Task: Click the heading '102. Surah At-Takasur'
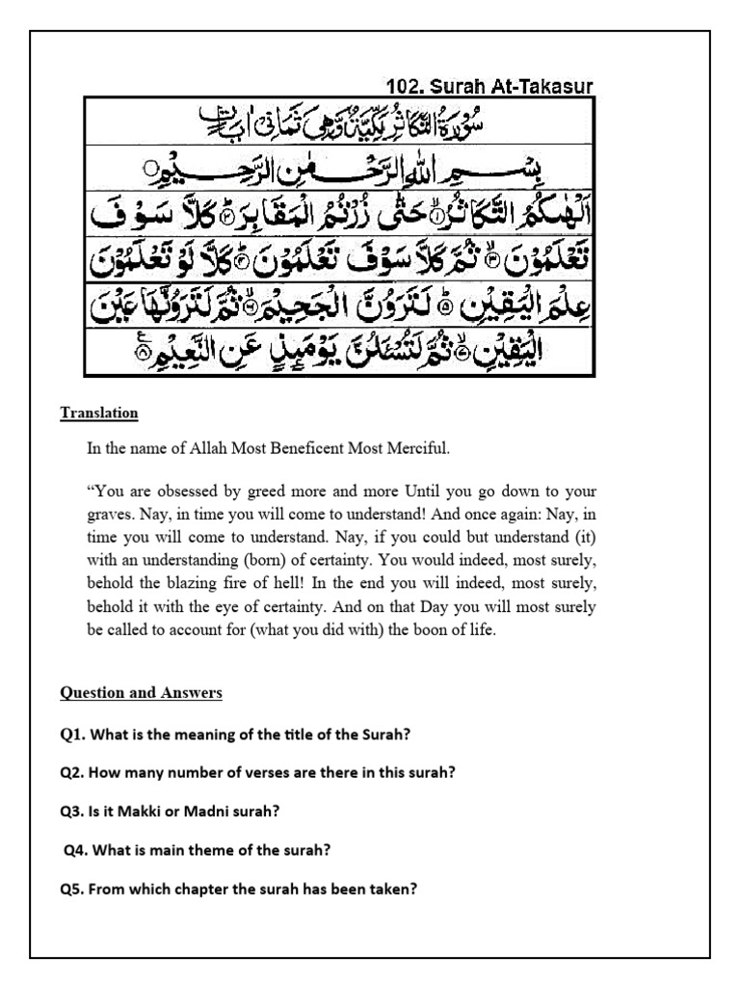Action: pos(489,86)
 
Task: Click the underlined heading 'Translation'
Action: pos(99,413)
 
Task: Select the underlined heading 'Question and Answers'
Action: pos(141,693)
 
